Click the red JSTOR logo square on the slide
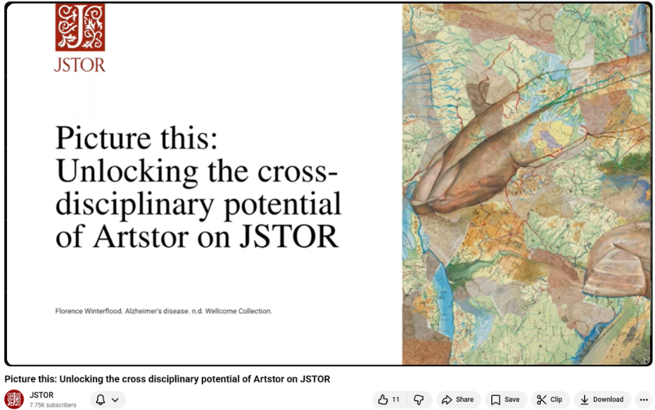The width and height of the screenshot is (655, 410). [80, 27]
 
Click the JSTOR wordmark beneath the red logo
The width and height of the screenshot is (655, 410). [80, 65]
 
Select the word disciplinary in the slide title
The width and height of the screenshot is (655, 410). [132, 204]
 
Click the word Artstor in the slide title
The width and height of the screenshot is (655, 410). [128, 237]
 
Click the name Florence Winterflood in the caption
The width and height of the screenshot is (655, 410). [88, 311]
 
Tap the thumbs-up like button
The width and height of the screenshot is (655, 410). [388, 399]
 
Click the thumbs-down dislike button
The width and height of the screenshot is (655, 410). [419, 399]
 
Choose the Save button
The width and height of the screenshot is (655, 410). [505, 399]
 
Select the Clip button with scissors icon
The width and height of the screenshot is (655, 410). [549, 399]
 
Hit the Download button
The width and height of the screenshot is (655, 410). [602, 399]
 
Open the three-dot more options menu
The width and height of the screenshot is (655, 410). [643, 399]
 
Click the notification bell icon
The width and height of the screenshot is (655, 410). [101, 399]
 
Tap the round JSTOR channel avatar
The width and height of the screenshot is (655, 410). [14, 399]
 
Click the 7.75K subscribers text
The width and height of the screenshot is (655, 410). [53, 405]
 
